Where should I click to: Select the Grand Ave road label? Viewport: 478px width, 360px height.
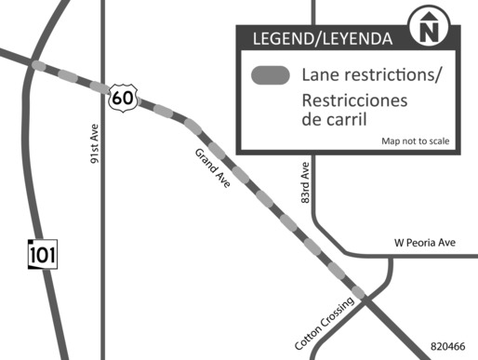[x=214, y=169]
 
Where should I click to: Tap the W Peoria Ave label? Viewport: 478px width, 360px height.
[x=424, y=243]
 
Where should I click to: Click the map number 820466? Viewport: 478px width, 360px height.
[x=447, y=346]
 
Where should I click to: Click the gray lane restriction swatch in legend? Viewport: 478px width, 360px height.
[x=272, y=76]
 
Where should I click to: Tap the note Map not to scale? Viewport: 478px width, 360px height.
[x=415, y=141]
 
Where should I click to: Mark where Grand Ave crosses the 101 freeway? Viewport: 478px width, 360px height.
[x=35, y=65]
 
